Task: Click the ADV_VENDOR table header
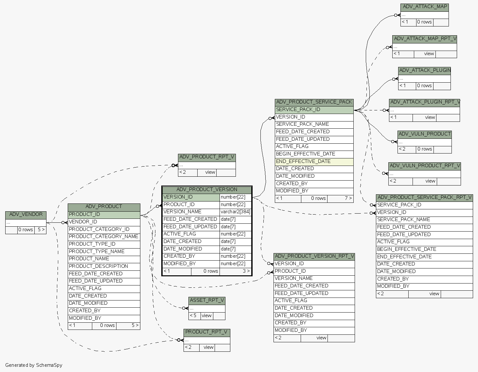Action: point(26,215)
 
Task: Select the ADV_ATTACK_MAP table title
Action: point(425,7)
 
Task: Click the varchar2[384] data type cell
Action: point(235,212)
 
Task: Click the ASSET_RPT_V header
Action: point(207,300)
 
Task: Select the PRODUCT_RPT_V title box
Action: point(207,332)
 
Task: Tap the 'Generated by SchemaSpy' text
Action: point(34,365)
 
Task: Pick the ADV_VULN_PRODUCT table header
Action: point(425,134)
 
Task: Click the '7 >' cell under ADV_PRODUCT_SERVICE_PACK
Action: point(348,198)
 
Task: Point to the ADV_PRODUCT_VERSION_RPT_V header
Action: point(314,256)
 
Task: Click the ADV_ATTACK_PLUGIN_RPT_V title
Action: point(425,102)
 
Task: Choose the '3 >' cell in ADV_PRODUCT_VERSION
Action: point(246,271)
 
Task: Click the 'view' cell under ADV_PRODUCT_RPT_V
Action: point(210,172)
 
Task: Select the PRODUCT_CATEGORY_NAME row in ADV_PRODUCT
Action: point(104,236)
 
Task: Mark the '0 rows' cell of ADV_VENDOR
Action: point(26,230)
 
